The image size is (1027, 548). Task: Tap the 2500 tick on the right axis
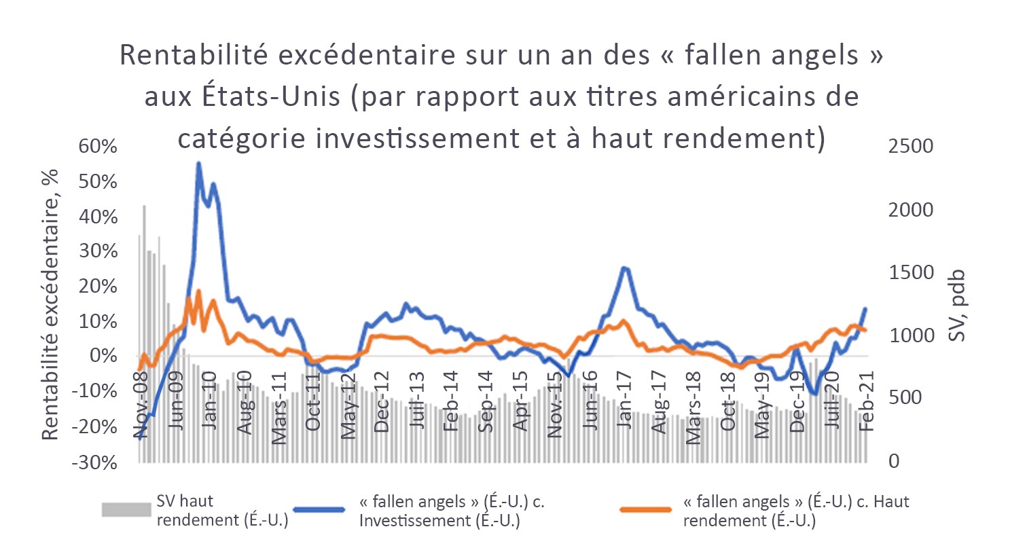(x=909, y=147)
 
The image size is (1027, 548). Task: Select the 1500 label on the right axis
(x=909, y=273)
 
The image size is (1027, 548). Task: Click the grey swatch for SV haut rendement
(x=126, y=509)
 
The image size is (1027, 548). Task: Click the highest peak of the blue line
(x=198, y=163)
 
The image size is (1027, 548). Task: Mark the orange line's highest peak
(x=198, y=291)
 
